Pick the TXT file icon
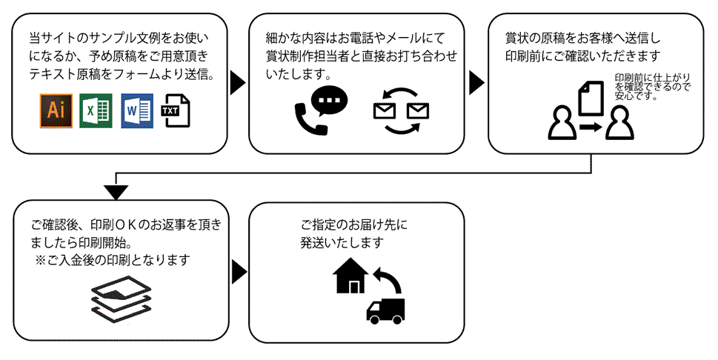(175, 111)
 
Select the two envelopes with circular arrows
(401, 112)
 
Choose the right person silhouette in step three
(619, 125)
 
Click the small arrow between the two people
(591, 128)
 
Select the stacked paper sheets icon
(122, 299)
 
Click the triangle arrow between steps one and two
(237, 82)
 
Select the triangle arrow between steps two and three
(476, 82)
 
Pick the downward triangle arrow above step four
(113, 193)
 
